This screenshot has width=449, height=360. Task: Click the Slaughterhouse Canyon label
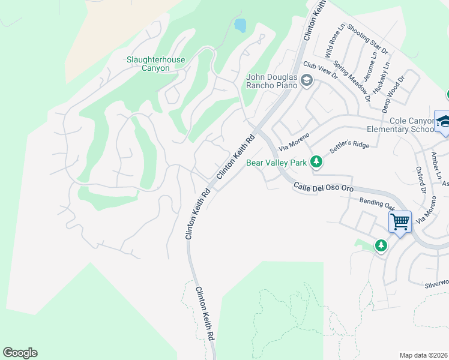(155, 64)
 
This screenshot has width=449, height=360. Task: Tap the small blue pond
(241, 25)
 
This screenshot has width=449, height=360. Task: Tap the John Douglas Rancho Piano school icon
(307, 80)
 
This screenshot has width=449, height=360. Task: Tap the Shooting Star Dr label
(367, 38)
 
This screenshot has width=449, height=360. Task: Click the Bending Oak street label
(375, 203)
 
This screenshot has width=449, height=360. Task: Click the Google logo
(20, 353)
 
